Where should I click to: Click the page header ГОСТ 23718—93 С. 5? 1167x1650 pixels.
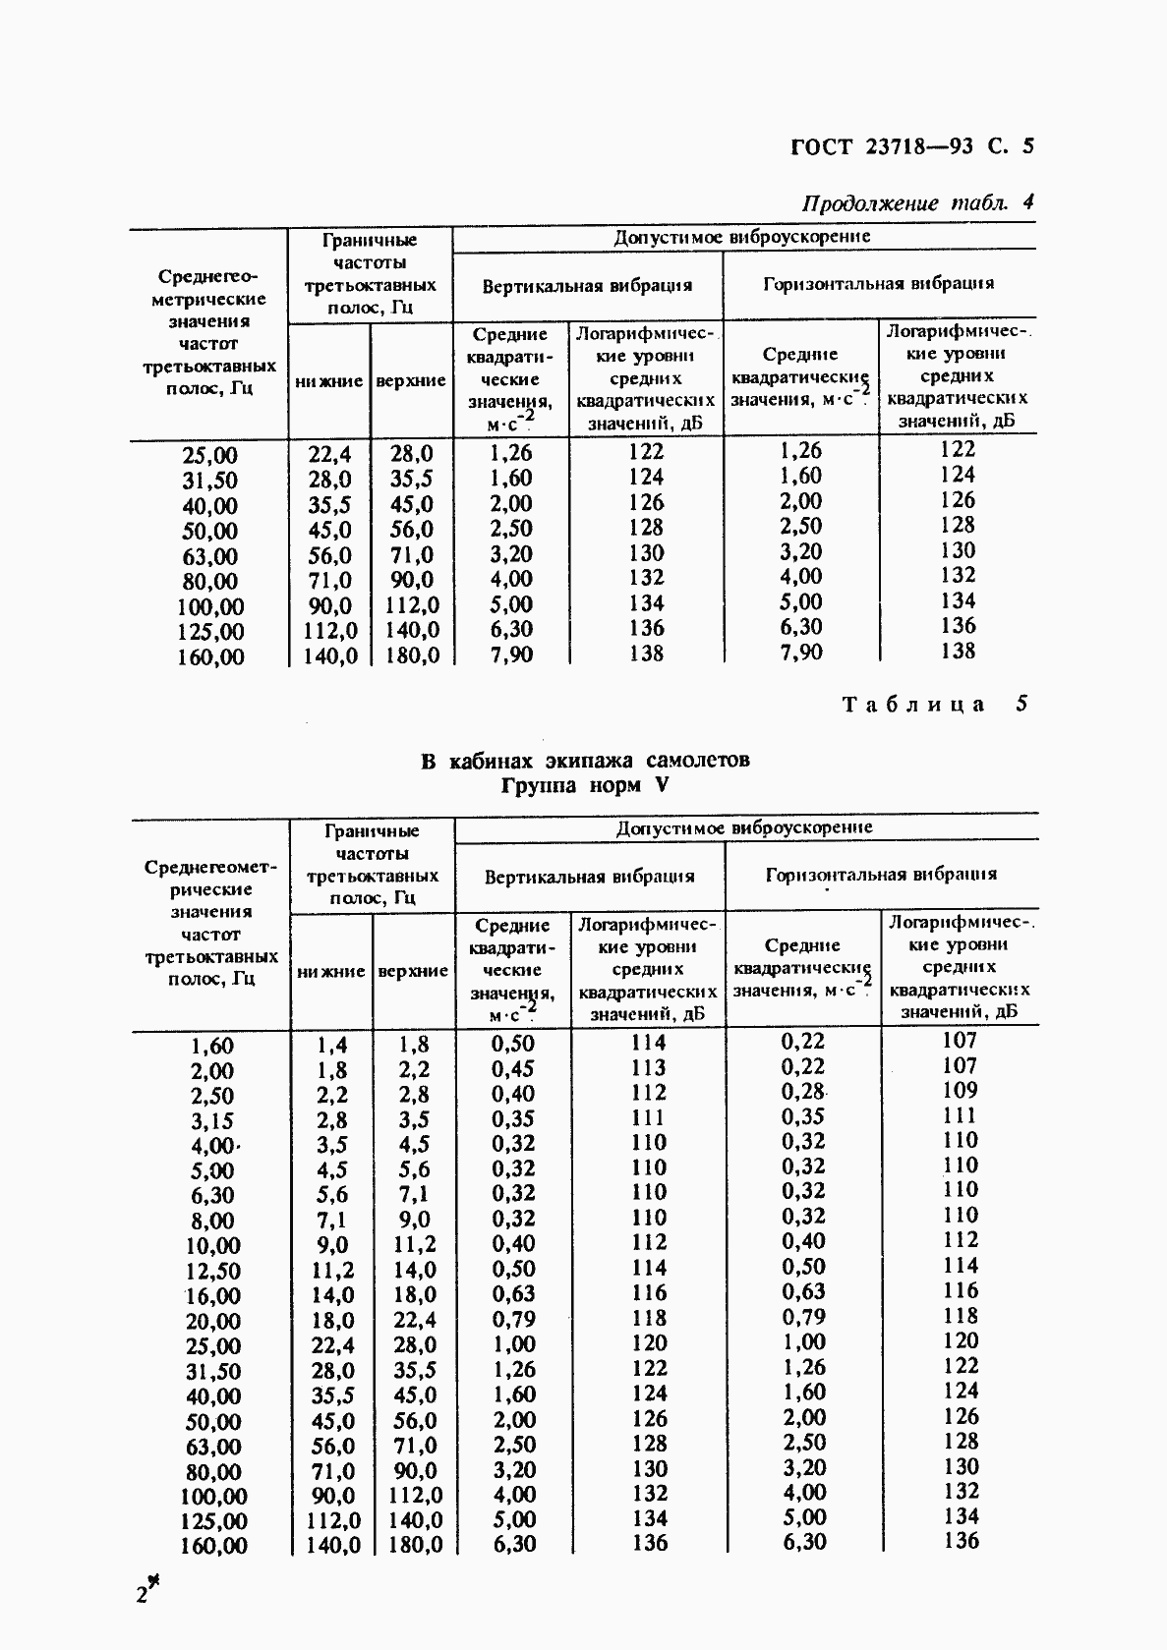pyautogui.click(x=911, y=147)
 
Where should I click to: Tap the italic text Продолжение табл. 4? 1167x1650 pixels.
pyautogui.click(x=917, y=203)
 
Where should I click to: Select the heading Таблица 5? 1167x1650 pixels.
pyautogui.click(x=934, y=704)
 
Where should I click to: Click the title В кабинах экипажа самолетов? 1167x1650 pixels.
pyautogui.click(x=585, y=761)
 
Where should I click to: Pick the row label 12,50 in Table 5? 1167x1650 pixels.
pyautogui.click(x=212, y=1271)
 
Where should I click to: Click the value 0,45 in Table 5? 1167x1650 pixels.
pyautogui.click(x=512, y=1068)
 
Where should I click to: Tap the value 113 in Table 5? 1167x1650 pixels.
pyautogui.click(x=648, y=1068)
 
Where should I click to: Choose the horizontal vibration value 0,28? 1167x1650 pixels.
pyautogui.click(x=803, y=1092)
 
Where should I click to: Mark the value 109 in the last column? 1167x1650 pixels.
pyautogui.click(x=959, y=1090)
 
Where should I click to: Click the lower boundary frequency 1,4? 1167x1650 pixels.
pyautogui.click(x=330, y=1045)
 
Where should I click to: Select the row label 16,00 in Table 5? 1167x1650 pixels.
pyautogui.click(x=212, y=1296)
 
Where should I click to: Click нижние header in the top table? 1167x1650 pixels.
pyautogui.click(x=328, y=381)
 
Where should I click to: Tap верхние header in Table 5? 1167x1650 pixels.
pyautogui.click(x=413, y=971)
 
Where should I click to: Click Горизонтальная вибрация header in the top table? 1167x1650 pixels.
pyautogui.click(x=878, y=284)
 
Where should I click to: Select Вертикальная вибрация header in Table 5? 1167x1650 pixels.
pyautogui.click(x=589, y=876)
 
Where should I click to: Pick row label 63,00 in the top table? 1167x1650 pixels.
pyautogui.click(x=210, y=557)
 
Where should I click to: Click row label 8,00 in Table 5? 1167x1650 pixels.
pyautogui.click(x=212, y=1221)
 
